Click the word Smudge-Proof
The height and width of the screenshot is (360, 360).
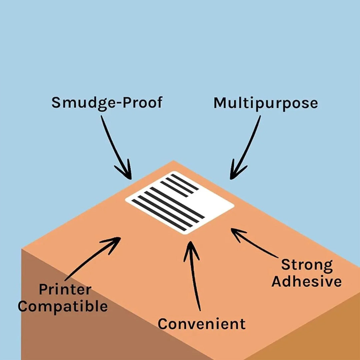[107, 102]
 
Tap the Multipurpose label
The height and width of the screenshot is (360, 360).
[265, 103]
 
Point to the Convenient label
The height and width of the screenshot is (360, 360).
[201, 324]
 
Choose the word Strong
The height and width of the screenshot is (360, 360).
[307, 265]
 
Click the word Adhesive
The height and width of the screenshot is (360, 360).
[306, 282]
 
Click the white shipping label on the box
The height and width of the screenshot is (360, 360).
[180, 203]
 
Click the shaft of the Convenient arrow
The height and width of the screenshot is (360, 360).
[195, 283]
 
